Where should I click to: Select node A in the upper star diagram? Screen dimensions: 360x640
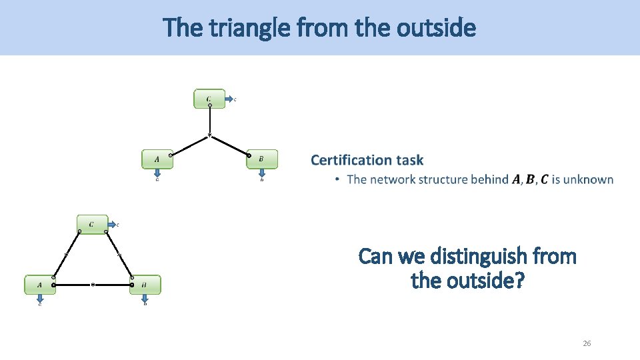click(x=157, y=159)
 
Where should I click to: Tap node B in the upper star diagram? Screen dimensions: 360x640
click(x=261, y=159)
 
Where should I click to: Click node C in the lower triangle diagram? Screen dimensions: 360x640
click(x=91, y=224)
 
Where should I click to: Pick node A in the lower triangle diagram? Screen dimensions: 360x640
click(x=40, y=285)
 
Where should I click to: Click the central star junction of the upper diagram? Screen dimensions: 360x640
click(x=209, y=137)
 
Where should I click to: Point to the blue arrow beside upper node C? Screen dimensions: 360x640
click(x=229, y=99)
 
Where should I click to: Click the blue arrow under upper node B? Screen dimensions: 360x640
click(x=261, y=173)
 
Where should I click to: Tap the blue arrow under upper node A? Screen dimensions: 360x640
click(x=157, y=173)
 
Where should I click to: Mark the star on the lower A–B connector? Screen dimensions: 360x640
click(x=93, y=285)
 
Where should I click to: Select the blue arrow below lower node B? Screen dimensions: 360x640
click(x=145, y=299)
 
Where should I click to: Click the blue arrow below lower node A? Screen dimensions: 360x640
click(x=40, y=299)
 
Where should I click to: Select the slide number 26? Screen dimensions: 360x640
click(x=587, y=343)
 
